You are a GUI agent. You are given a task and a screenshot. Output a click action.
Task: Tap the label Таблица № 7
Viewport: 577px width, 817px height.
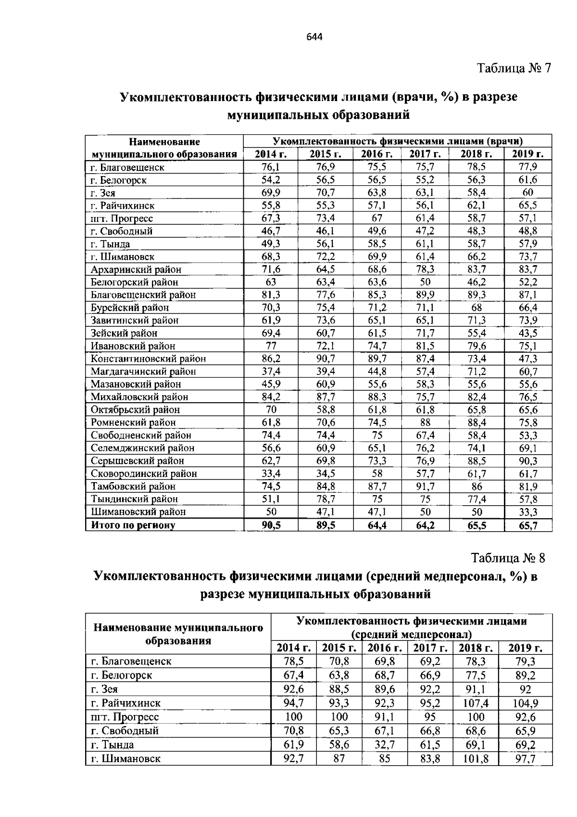(x=513, y=68)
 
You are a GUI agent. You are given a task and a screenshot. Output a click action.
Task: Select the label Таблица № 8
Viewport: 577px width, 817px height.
(x=508, y=558)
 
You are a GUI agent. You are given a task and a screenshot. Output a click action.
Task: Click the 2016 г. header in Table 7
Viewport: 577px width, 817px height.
(x=377, y=154)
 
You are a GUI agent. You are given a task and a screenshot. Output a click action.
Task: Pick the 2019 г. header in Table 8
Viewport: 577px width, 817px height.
(x=525, y=648)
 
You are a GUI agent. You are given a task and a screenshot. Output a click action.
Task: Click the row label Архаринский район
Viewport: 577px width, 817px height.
(x=136, y=269)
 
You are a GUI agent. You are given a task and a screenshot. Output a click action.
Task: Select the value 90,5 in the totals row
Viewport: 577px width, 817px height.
(x=271, y=525)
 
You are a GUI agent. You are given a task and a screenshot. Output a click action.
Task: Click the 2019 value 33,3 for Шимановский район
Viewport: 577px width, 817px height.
(x=528, y=512)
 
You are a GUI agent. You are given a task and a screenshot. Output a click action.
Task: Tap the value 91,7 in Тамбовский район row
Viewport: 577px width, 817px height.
(x=425, y=486)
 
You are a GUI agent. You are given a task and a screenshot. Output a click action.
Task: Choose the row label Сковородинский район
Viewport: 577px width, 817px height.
(x=144, y=473)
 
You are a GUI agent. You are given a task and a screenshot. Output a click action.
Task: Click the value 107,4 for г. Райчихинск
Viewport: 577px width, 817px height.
(x=476, y=703)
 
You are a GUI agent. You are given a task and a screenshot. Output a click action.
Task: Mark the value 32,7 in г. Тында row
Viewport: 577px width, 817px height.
(x=384, y=745)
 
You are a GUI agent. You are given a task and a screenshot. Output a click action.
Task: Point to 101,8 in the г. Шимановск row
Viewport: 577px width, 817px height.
(x=476, y=759)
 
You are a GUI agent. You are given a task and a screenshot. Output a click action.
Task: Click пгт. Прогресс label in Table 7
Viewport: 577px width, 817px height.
(x=122, y=218)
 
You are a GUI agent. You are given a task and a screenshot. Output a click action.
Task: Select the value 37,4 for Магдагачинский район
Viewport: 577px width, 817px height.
(x=271, y=371)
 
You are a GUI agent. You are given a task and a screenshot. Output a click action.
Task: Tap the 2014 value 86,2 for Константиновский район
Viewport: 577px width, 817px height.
(x=271, y=358)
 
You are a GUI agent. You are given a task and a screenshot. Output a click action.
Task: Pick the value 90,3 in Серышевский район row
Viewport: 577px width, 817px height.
(x=528, y=461)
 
